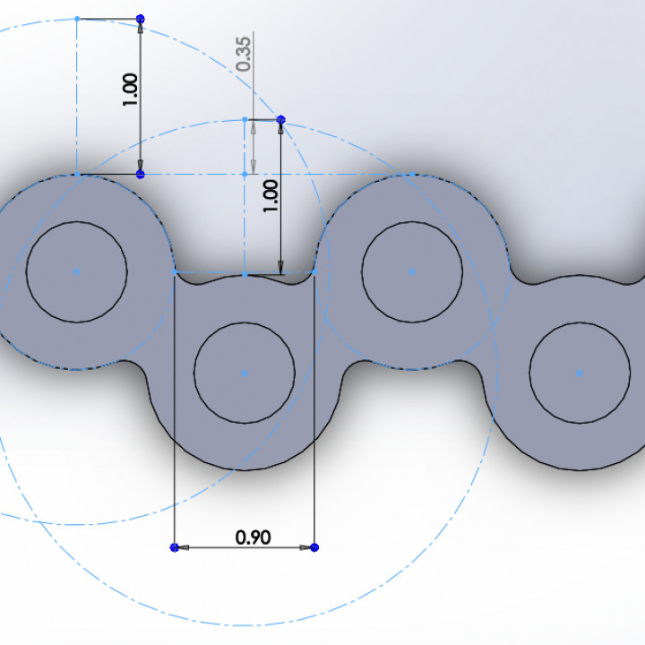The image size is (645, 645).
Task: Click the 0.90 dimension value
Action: pyautogui.click(x=253, y=537)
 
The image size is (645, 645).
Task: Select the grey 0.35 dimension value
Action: pyautogui.click(x=245, y=52)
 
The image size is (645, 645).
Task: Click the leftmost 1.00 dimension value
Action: pyautogui.click(x=131, y=90)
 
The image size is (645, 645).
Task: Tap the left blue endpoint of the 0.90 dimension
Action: pyautogui.click(x=174, y=546)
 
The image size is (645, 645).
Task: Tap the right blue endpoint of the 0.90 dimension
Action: pyautogui.click(x=314, y=546)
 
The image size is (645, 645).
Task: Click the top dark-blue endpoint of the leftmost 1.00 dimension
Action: pyautogui.click(x=140, y=19)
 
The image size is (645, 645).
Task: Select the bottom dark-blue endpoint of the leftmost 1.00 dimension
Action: pyautogui.click(x=140, y=174)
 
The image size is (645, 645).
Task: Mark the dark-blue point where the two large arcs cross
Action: pyautogui.click(x=280, y=119)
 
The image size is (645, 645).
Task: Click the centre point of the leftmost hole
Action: pyautogui.click(x=77, y=270)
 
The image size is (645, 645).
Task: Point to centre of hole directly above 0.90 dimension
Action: pyautogui.click(x=245, y=372)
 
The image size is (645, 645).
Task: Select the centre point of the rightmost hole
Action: pyautogui.click(x=580, y=372)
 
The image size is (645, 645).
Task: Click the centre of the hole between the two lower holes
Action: pyautogui.click(x=411, y=270)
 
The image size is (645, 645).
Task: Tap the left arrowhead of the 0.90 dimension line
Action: pyautogui.click(x=181, y=546)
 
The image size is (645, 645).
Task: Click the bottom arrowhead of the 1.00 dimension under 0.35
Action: pyautogui.click(x=280, y=267)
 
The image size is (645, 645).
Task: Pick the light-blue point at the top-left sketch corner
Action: pyautogui.click(x=77, y=19)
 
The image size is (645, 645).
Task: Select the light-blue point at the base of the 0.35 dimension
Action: pyautogui.click(x=245, y=174)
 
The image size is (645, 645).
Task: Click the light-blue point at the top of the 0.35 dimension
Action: pyautogui.click(x=245, y=119)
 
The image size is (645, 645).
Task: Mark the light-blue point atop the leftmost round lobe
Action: pyautogui.click(x=77, y=174)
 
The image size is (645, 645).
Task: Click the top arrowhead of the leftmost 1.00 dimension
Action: pyautogui.click(x=140, y=28)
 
